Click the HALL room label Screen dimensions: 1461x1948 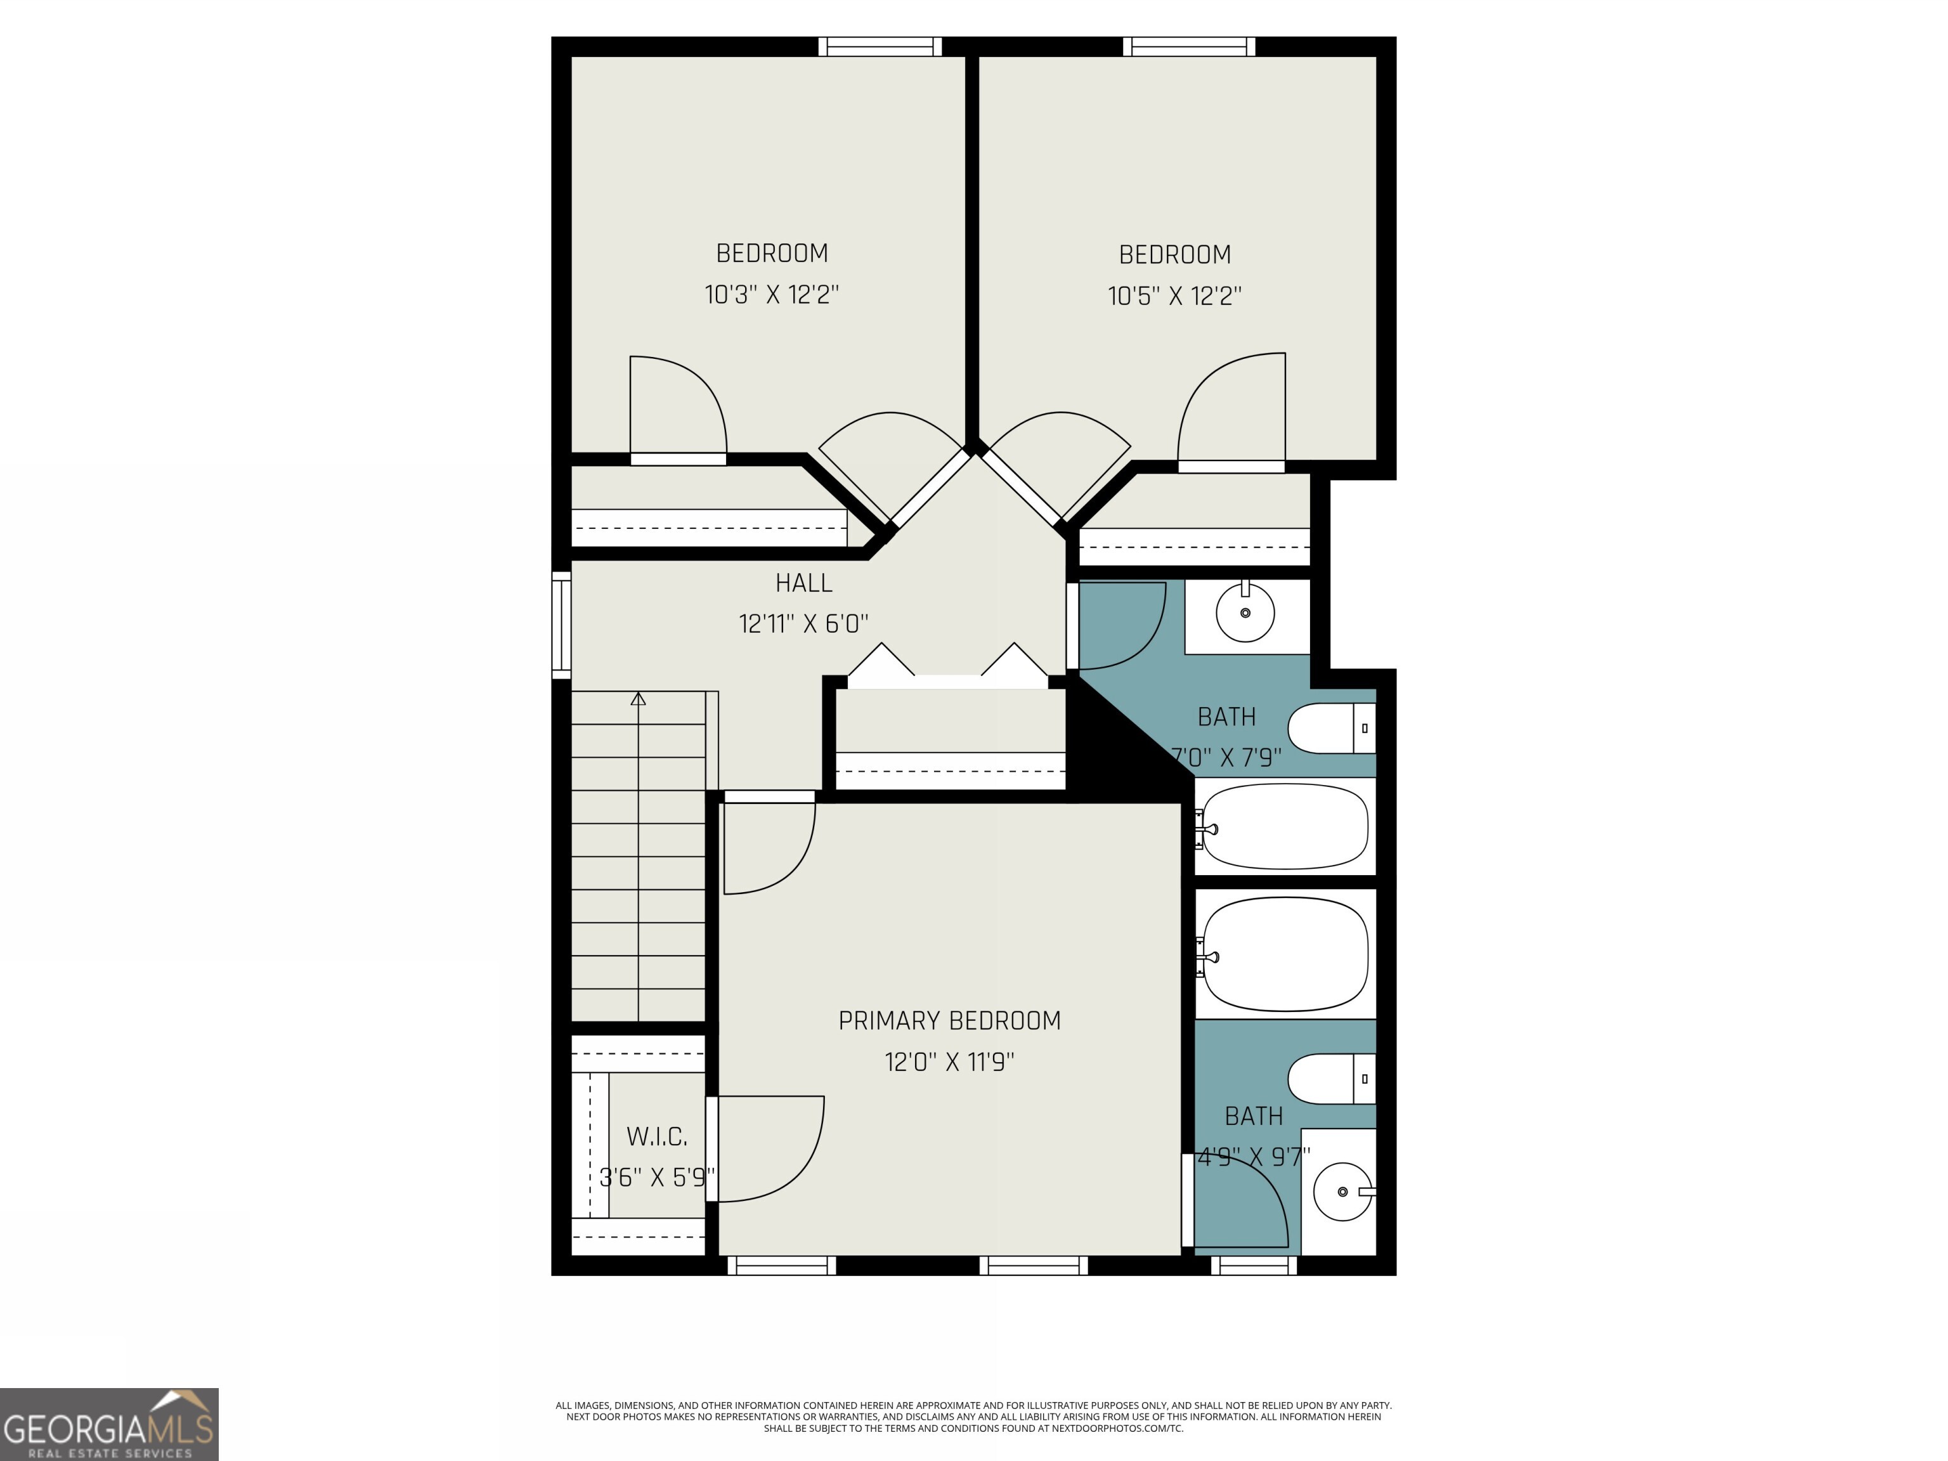[803, 583]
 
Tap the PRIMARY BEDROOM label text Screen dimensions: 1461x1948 [949, 1021]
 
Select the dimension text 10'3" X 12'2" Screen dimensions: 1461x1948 [772, 294]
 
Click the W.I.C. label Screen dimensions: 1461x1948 [656, 1137]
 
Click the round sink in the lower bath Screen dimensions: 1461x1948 [1342, 1192]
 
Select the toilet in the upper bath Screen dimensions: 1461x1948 [1330, 729]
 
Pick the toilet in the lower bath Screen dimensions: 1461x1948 [1330, 1079]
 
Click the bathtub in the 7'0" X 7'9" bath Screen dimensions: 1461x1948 [1285, 826]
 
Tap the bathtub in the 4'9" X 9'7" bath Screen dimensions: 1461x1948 [1285, 954]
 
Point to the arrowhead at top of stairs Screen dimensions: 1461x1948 [639, 699]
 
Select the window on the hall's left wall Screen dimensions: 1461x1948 [561, 625]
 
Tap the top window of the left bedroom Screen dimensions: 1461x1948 [879, 47]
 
